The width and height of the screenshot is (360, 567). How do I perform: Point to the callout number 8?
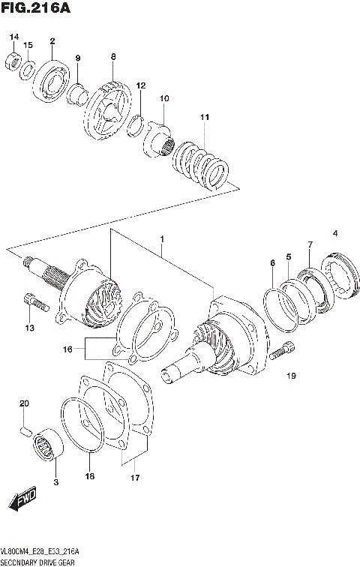113,56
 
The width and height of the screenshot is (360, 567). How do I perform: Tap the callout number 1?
160,239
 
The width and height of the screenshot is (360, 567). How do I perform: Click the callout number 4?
335,233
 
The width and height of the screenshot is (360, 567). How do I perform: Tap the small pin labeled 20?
24,430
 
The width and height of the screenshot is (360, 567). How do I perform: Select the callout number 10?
164,98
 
